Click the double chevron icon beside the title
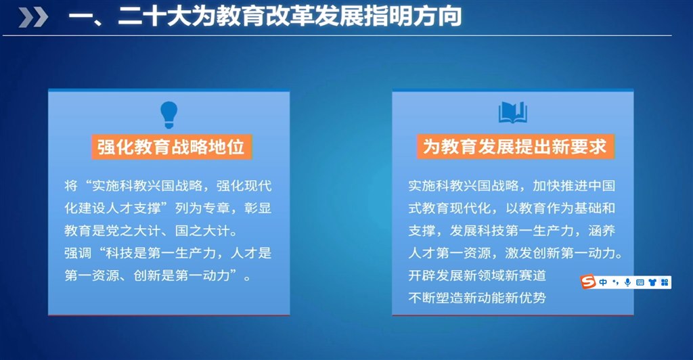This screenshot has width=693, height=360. click(33, 18)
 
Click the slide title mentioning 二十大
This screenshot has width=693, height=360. click(265, 17)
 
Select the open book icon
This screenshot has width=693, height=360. click(513, 112)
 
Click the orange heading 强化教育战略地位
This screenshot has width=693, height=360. click(171, 147)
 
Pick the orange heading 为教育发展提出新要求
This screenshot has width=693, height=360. click(515, 146)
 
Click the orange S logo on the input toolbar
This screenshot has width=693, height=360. click(588, 282)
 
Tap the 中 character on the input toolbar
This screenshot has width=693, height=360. click(603, 282)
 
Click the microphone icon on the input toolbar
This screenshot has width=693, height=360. click(627, 282)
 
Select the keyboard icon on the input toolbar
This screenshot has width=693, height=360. click(640, 282)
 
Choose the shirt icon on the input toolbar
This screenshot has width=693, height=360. click(652, 282)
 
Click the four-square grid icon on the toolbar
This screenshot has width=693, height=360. click(665, 282)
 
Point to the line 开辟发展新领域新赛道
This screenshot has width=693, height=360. click(477, 275)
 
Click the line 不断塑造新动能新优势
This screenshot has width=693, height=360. click(477, 298)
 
